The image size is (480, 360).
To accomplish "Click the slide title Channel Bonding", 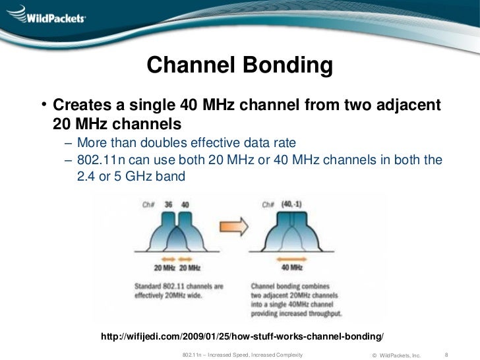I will coord(239,65).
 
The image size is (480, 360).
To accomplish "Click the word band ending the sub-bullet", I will coord(173,177).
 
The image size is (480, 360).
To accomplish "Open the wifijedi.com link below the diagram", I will coord(241,337).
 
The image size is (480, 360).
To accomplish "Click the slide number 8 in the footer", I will coord(448,354).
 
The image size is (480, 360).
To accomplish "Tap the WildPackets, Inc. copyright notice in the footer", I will coord(396,355).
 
